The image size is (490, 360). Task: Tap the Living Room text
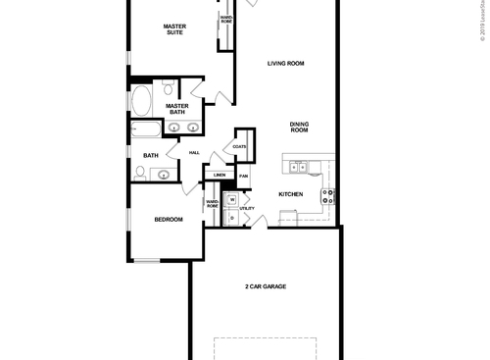(x=286, y=64)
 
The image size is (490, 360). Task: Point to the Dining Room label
(x=299, y=127)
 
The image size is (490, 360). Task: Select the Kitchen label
(x=290, y=194)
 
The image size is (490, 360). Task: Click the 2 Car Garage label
(x=265, y=286)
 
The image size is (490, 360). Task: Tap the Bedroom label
(x=168, y=220)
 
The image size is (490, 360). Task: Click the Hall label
(x=194, y=152)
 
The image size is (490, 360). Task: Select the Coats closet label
(x=239, y=146)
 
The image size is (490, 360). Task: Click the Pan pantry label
(x=244, y=176)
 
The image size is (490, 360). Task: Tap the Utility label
(x=247, y=208)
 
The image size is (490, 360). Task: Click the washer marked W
(x=232, y=200)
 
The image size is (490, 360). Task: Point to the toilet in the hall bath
(x=141, y=173)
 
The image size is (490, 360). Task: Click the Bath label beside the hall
(x=151, y=155)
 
